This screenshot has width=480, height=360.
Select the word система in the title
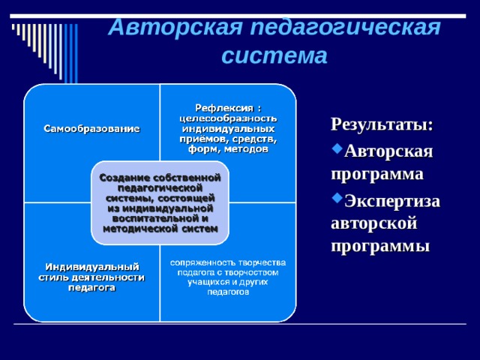click(x=274, y=56)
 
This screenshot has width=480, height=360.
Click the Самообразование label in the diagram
click(x=91, y=128)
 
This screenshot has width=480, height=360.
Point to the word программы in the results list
click(x=379, y=246)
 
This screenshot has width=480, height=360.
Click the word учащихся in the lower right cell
click(x=197, y=282)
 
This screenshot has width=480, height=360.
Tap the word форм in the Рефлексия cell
click(x=202, y=148)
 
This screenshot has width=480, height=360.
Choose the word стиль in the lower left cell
click(x=54, y=277)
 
